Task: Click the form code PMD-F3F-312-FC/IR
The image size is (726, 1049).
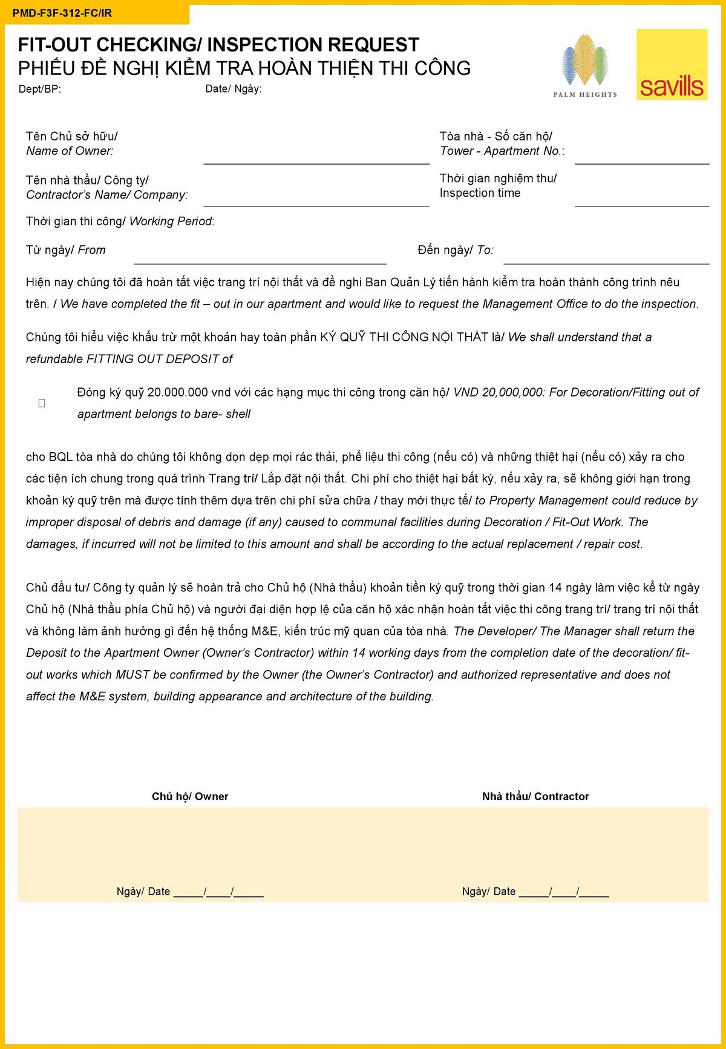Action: [62, 13]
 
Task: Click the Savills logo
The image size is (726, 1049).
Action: [672, 65]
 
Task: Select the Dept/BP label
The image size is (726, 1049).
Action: [40, 89]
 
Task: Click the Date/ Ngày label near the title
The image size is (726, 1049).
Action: [234, 89]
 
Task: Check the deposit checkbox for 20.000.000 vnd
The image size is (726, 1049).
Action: [42, 403]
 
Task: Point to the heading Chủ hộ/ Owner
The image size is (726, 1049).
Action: [190, 797]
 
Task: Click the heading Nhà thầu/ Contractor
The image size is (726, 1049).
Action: [535, 797]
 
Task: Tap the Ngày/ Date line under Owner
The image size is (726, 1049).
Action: [218, 892]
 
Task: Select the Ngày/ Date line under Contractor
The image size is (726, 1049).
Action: [564, 892]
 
